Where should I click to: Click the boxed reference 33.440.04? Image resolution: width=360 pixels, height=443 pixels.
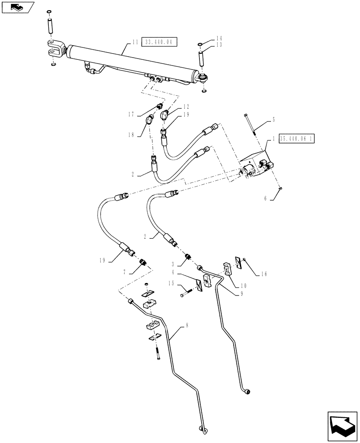159,42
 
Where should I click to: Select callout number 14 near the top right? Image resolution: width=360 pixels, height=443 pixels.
219,39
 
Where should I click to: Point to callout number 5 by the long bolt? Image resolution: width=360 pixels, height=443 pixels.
273,119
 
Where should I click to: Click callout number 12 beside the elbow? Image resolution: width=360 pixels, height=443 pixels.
185,107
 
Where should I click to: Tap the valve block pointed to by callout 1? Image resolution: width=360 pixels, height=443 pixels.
255,166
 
